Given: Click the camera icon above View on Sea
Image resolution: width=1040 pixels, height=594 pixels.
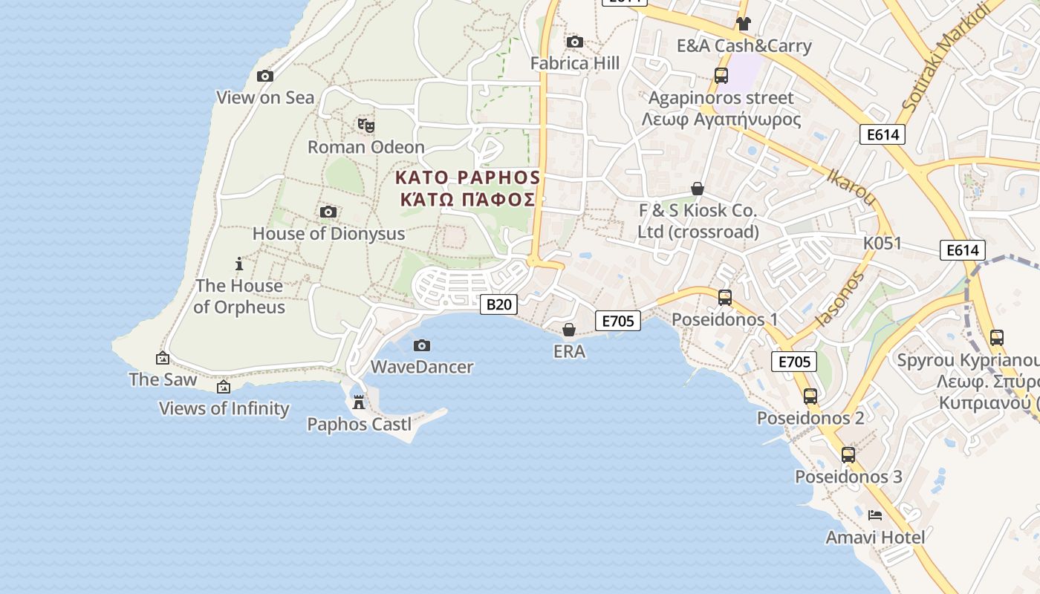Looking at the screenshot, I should pyautogui.click(x=265, y=76).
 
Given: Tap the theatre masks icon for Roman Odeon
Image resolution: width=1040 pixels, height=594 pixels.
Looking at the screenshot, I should pyautogui.click(x=365, y=125).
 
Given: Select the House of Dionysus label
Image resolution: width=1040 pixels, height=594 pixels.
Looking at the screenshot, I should pyautogui.click(x=328, y=233).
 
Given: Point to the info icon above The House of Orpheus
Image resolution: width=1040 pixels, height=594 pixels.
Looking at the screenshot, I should pyautogui.click(x=238, y=264).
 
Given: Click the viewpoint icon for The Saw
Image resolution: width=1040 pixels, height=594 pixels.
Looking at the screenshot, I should pyautogui.click(x=163, y=358).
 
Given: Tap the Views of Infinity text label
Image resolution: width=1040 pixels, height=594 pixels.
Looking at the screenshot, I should pyautogui.click(x=224, y=408).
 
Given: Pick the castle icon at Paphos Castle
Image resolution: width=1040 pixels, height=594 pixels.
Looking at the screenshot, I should pyautogui.click(x=359, y=402).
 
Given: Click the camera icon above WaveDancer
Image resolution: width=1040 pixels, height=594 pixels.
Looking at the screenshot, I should pyautogui.click(x=422, y=345).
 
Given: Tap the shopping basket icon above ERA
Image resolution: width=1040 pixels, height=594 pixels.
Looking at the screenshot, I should pyautogui.click(x=569, y=330).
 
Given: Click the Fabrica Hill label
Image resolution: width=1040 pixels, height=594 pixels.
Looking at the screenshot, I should pyautogui.click(x=574, y=64).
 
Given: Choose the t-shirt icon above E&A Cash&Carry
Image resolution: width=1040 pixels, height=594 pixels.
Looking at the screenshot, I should pyautogui.click(x=743, y=24).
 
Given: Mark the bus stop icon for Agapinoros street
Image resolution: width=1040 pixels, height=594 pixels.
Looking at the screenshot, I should pyautogui.click(x=721, y=75).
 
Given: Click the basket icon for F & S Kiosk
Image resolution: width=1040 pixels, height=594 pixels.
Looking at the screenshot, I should pyautogui.click(x=697, y=189).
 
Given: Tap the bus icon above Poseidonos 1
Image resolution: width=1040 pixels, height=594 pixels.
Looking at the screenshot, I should pyautogui.click(x=725, y=298).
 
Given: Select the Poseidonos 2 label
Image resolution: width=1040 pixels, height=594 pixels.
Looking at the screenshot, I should pyautogui.click(x=810, y=418).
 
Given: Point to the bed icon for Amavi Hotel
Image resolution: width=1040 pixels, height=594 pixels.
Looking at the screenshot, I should pyautogui.click(x=875, y=515).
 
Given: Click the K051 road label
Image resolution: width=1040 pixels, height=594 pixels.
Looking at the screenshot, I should pyautogui.click(x=882, y=244).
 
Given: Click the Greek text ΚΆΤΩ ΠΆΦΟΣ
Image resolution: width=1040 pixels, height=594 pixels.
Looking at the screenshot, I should pyautogui.click(x=467, y=200).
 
